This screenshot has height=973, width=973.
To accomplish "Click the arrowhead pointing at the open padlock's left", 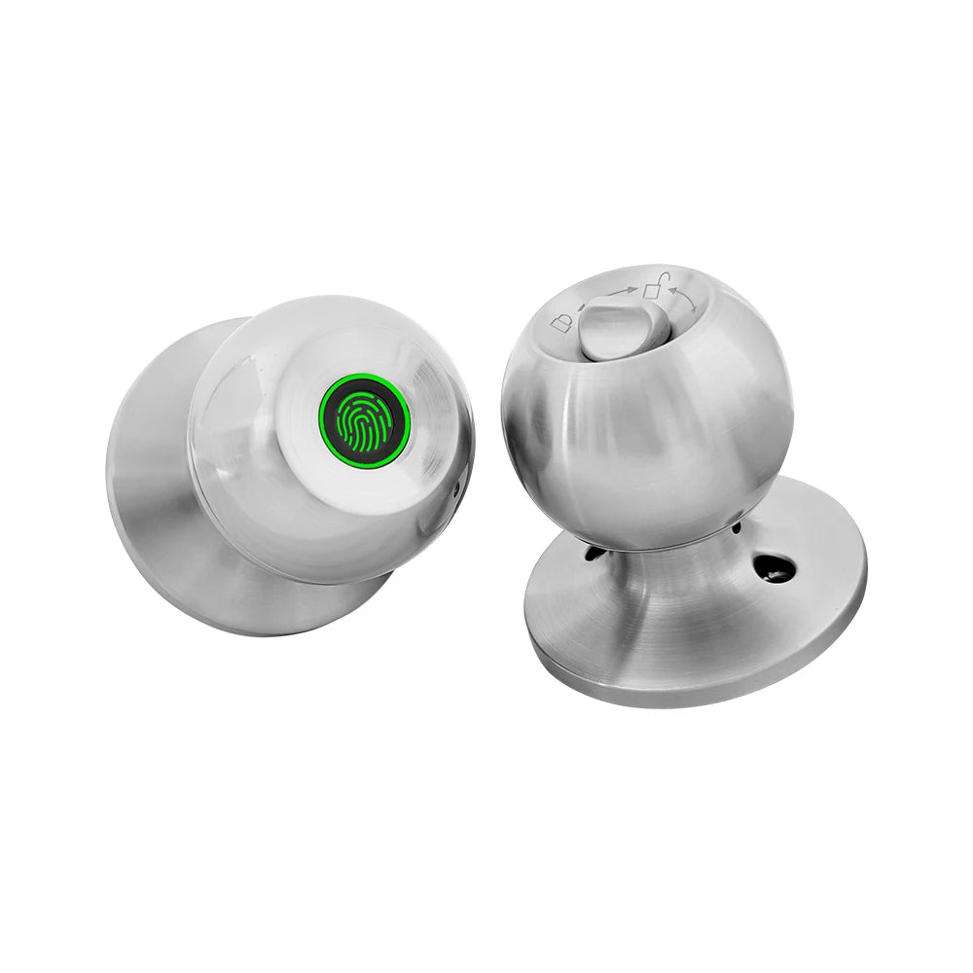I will [x=633, y=289].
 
